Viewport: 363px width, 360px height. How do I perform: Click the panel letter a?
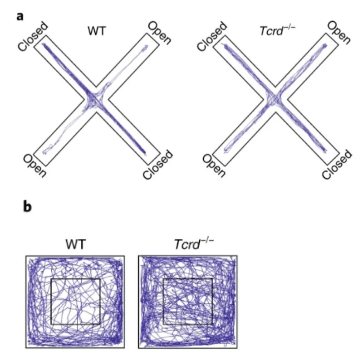(x=20, y=17)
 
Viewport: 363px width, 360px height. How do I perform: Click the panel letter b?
(x=28, y=207)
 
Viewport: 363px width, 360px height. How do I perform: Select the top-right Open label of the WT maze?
(x=159, y=33)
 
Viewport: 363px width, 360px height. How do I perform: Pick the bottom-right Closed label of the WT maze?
(x=158, y=165)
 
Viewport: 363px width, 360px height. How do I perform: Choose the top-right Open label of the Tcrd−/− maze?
(x=338, y=33)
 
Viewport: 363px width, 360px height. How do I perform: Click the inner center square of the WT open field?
(x=75, y=302)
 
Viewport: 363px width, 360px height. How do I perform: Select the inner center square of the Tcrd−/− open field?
(x=187, y=302)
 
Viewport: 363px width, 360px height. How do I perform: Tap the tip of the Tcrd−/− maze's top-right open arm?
(x=326, y=45)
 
